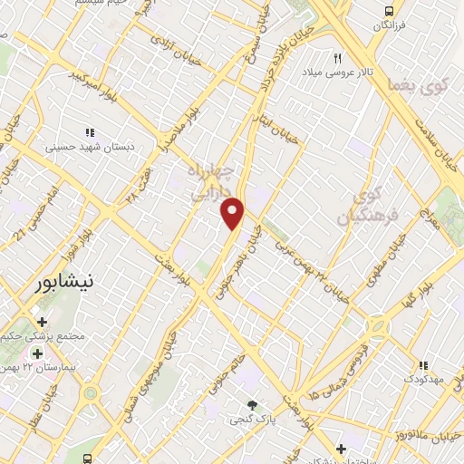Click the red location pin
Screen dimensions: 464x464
pos(233,212)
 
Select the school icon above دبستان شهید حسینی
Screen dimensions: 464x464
pos(90,131)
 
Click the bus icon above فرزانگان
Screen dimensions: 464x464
pos(389,11)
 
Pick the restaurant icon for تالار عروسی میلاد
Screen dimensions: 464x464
pos(338,57)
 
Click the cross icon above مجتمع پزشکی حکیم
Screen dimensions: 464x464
pos(41,321)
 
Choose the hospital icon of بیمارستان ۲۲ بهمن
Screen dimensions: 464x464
pos(38,353)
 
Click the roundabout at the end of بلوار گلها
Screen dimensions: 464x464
pos(378,325)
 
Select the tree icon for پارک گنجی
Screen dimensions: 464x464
pos(253,404)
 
